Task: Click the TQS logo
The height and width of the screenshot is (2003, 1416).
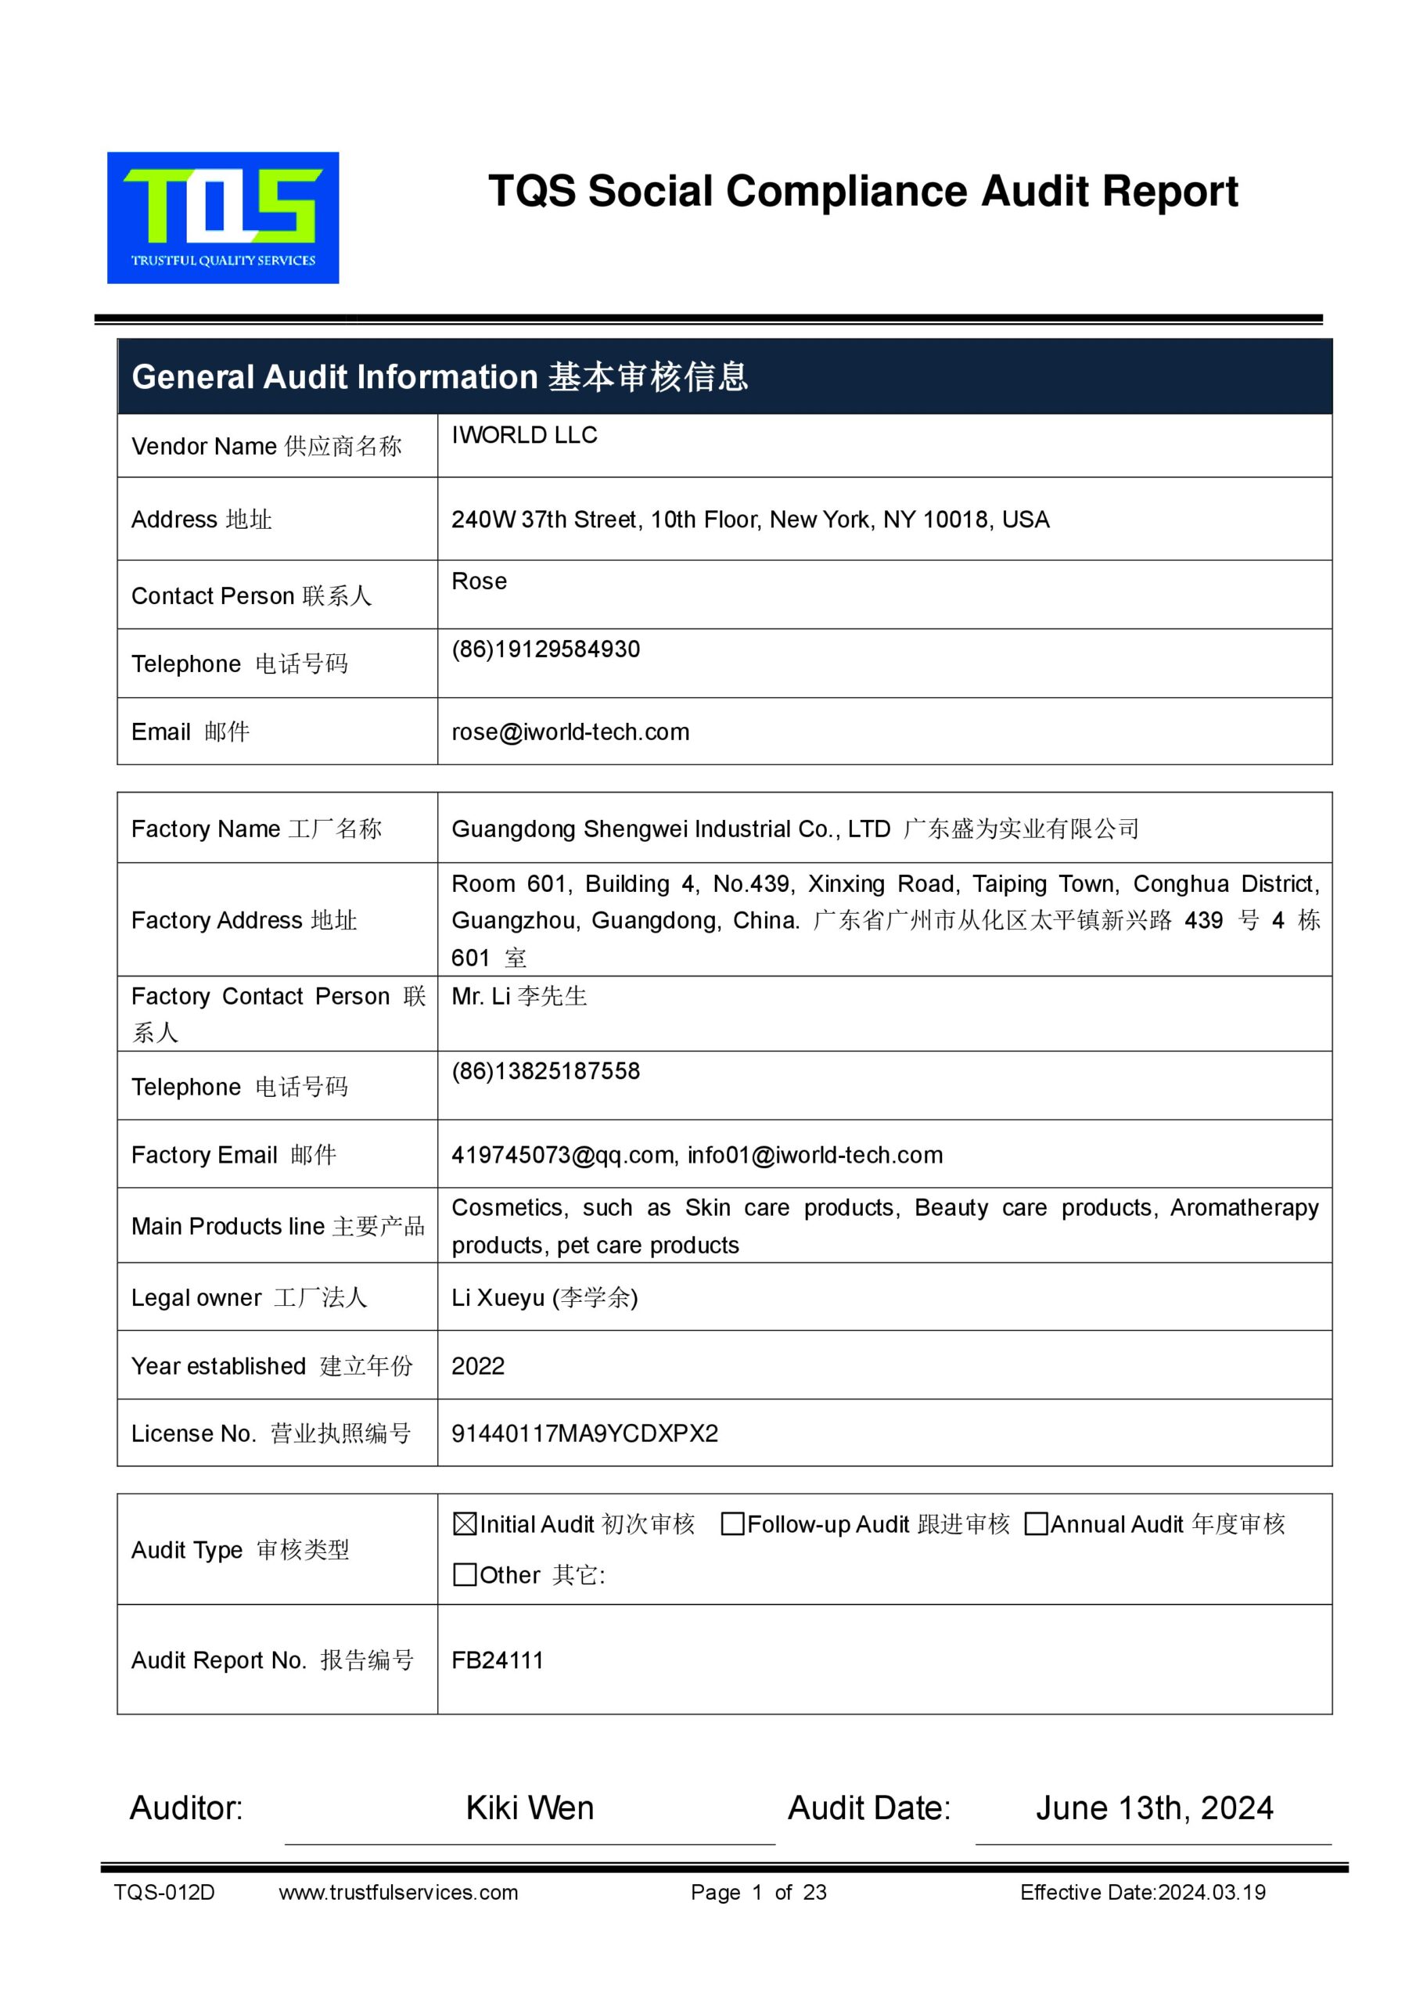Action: pyautogui.click(x=222, y=218)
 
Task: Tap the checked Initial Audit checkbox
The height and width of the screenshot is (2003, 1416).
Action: pyautogui.click(x=465, y=1524)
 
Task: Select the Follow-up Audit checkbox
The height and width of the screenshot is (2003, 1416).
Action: pyautogui.click(x=733, y=1524)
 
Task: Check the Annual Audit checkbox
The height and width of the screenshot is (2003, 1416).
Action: pyautogui.click(x=1036, y=1524)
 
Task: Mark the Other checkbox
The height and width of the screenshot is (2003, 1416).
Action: pyautogui.click(x=465, y=1575)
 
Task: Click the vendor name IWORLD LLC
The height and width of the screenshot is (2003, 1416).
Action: pyautogui.click(x=524, y=435)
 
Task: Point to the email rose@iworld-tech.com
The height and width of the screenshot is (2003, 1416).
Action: pyautogui.click(x=570, y=732)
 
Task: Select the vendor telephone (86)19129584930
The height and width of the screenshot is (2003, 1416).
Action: pyautogui.click(x=545, y=649)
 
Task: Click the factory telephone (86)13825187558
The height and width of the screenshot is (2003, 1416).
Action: pyautogui.click(x=545, y=1071)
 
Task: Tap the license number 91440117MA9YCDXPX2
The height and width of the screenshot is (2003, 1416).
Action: pyautogui.click(x=584, y=1433)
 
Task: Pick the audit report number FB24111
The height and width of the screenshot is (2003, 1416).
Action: pyautogui.click(x=498, y=1660)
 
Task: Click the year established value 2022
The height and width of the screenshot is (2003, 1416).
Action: pyautogui.click(x=478, y=1366)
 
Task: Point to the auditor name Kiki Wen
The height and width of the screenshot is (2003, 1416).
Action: pyautogui.click(x=530, y=1807)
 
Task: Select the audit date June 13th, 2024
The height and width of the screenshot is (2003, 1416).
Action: pyautogui.click(x=1153, y=1807)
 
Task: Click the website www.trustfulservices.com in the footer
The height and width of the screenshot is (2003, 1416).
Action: pyautogui.click(x=398, y=1892)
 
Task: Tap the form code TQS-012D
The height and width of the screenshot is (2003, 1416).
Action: pyautogui.click(x=164, y=1892)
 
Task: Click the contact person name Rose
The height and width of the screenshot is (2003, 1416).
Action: pyautogui.click(x=479, y=581)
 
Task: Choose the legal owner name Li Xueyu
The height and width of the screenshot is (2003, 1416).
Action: pyautogui.click(x=498, y=1298)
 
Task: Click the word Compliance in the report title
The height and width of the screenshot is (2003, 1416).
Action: pyautogui.click(x=847, y=191)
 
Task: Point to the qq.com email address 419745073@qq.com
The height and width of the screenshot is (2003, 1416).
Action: pyautogui.click(x=562, y=1155)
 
